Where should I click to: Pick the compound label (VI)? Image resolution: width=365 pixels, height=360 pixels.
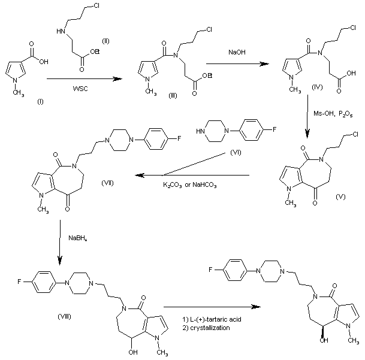[235, 154]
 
